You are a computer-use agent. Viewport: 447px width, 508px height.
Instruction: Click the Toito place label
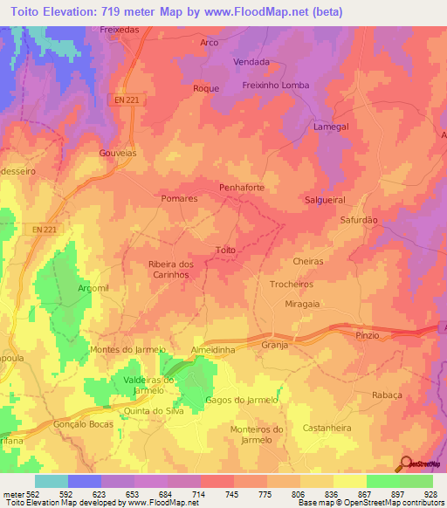(225, 251)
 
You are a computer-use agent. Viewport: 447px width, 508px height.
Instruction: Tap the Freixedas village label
(120, 29)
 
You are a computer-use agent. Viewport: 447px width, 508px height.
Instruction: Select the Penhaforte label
(241, 188)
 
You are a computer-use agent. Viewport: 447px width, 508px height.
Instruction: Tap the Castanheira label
(326, 428)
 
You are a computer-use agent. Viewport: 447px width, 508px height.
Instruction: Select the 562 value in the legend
(33, 494)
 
